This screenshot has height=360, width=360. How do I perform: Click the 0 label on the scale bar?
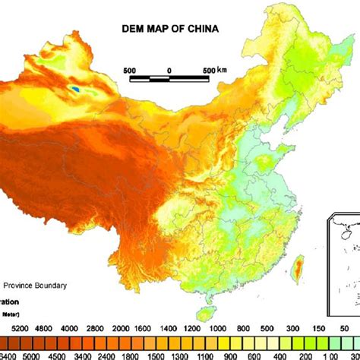point(169,71)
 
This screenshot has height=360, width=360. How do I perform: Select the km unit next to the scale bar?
point(221,71)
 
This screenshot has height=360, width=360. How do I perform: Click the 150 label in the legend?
point(317,328)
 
